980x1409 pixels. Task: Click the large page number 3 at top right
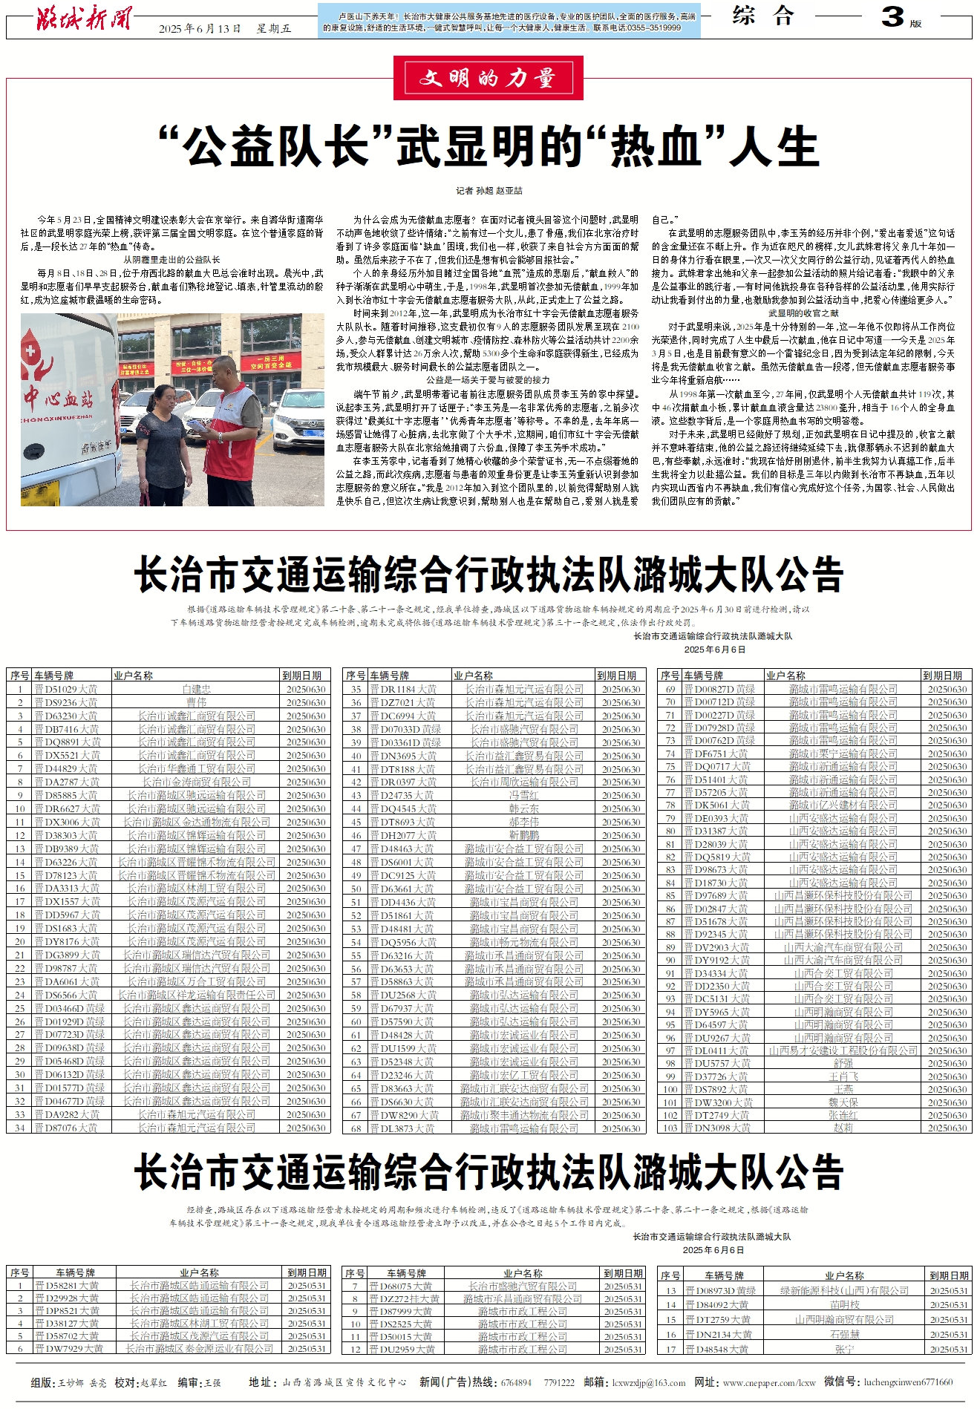click(892, 17)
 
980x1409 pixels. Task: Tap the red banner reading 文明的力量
click(488, 78)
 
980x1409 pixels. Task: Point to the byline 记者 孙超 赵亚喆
click(489, 191)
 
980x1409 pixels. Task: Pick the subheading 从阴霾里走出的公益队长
click(171, 260)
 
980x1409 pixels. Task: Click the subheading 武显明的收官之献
click(803, 313)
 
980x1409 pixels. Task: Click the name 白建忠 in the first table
click(197, 689)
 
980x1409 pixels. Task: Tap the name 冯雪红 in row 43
click(524, 795)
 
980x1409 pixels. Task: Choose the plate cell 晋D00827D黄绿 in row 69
click(719, 689)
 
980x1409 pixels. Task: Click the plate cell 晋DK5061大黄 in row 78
click(717, 805)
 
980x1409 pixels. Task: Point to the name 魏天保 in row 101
click(843, 1102)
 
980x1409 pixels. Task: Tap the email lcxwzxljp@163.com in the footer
click(648, 1383)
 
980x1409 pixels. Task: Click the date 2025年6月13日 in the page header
click(200, 29)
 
